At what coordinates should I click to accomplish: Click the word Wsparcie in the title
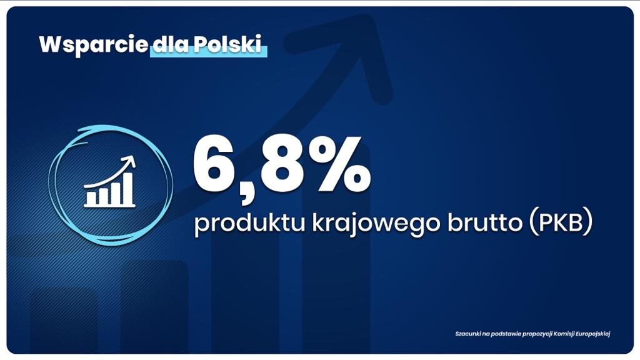93,45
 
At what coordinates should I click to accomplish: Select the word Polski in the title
227,44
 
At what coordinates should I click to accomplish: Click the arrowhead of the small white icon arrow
131,161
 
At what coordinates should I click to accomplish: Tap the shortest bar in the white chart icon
92,198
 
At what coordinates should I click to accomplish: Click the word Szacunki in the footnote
467,334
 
